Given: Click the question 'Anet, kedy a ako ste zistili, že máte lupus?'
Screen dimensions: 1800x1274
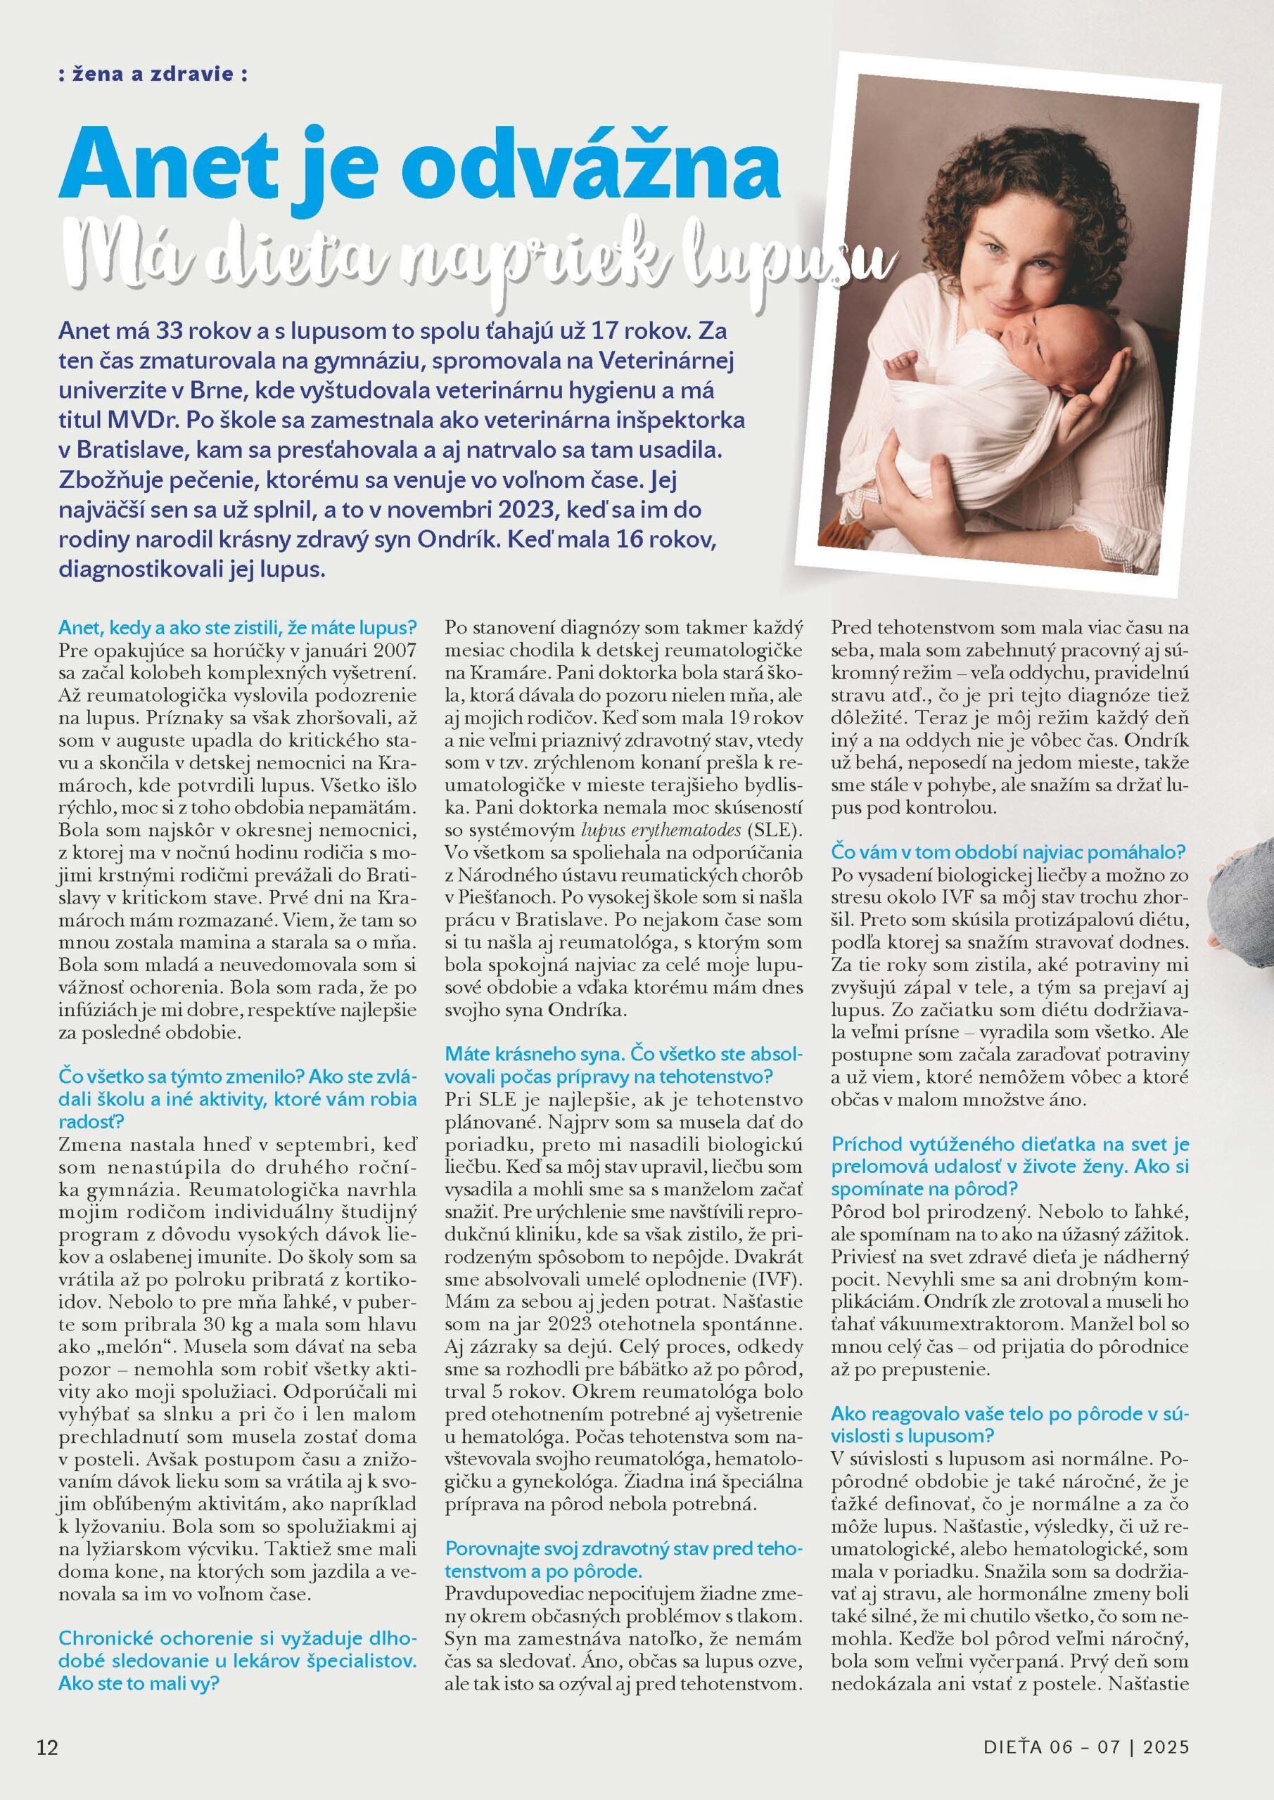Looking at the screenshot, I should click(238, 628).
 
